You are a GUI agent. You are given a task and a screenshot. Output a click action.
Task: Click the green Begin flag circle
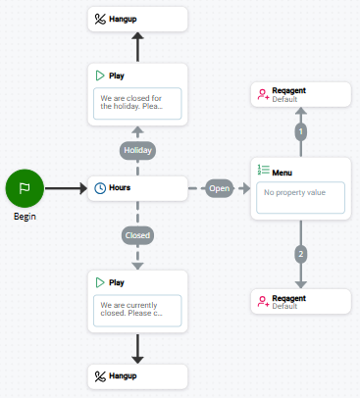point(26,188)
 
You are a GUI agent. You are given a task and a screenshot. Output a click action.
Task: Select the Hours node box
point(138,188)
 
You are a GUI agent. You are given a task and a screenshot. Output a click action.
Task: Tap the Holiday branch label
point(138,150)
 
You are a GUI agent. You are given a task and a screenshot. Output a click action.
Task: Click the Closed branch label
point(138,235)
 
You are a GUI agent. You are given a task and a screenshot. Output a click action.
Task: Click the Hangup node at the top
point(138,19)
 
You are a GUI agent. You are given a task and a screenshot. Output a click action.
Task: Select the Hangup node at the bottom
point(138,375)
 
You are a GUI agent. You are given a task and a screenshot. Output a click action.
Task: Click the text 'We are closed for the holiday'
point(138,104)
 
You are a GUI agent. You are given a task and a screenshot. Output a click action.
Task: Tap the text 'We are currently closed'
point(138,310)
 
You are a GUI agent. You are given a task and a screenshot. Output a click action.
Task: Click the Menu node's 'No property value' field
point(300,198)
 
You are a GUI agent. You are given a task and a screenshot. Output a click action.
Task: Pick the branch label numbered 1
point(301,130)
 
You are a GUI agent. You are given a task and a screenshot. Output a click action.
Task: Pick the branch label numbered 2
point(301,254)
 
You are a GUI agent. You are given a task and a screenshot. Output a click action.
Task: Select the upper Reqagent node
point(300,94)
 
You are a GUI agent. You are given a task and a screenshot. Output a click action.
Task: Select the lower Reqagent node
point(300,301)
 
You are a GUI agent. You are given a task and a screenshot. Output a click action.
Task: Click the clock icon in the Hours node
point(100,188)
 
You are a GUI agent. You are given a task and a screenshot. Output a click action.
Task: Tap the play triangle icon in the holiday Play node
point(100,75)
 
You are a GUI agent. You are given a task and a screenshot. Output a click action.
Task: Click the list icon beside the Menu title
point(262,171)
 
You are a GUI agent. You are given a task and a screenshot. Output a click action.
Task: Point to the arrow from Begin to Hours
point(66,188)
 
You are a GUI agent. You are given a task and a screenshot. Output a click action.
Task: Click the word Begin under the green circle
point(26,216)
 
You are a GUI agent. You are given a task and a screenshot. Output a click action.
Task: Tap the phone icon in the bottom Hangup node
point(100,375)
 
